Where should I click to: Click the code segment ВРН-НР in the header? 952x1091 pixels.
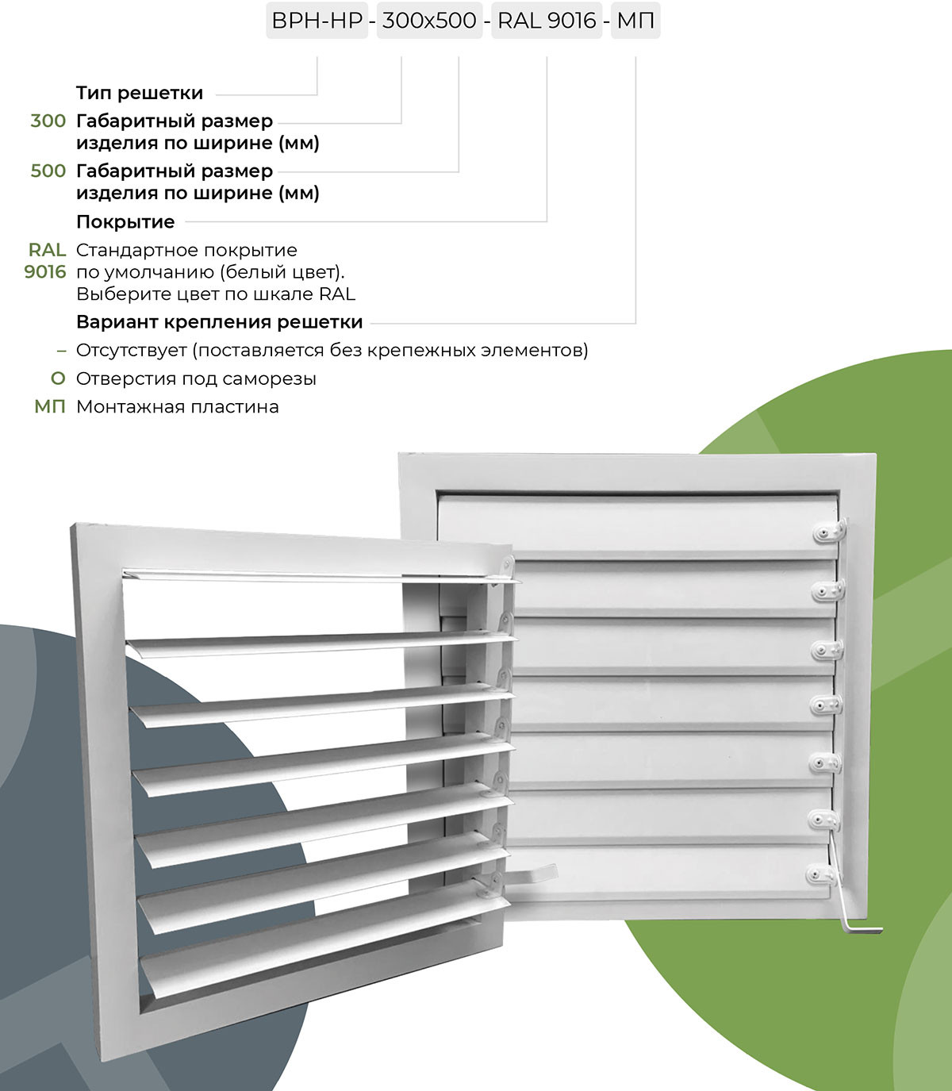pyautogui.click(x=317, y=20)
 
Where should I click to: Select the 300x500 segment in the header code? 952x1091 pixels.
pyautogui.click(x=429, y=20)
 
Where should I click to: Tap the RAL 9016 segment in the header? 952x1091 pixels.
pyautogui.click(x=547, y=20)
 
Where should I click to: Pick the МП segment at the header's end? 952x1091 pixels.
pyautogui.click(x=635, y=20)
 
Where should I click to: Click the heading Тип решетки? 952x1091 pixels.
pyautogui.click(x=140, y=93)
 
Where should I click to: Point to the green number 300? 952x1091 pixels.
pyautogui.click(x=48, y=121)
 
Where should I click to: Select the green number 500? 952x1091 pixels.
pyautogui.click(x=48, y=171)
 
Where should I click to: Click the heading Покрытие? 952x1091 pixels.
pyautogui.click(x=125, y=222)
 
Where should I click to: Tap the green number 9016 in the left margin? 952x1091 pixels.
pyautogui.click(x=45, y=272)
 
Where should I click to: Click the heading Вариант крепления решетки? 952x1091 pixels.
pyautogui.click(x=219, y=322)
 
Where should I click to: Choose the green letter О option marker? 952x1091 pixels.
pyautogui.click(x=57, y=379)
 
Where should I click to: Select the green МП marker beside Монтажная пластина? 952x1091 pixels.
pyautogui.click(x=50, y=407)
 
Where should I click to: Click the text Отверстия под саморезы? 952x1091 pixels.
pyautogui.click(x=196, y=379)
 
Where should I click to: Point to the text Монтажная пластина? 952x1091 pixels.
pyautogui.click(x=177, y=407)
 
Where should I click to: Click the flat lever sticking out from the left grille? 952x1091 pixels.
pyautogui.click(x=532, y=876)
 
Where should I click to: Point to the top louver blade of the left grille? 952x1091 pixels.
pyautogui.click(x=317, y=574)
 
